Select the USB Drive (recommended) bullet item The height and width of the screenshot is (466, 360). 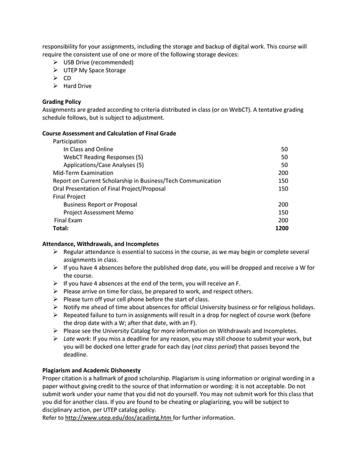98,62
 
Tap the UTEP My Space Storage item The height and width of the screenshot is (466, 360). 94,70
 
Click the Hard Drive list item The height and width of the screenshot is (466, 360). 77,86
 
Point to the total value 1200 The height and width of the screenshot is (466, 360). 281,228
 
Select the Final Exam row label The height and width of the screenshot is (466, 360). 68,220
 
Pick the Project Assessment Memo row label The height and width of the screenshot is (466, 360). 100,212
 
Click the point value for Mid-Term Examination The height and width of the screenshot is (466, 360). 283,173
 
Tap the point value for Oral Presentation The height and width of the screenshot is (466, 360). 283,188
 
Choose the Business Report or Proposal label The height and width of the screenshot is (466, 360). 100,204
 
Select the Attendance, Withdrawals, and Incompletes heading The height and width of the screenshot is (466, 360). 100,243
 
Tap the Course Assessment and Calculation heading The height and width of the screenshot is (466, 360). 109,133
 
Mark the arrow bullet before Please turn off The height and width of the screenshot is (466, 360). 56,299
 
